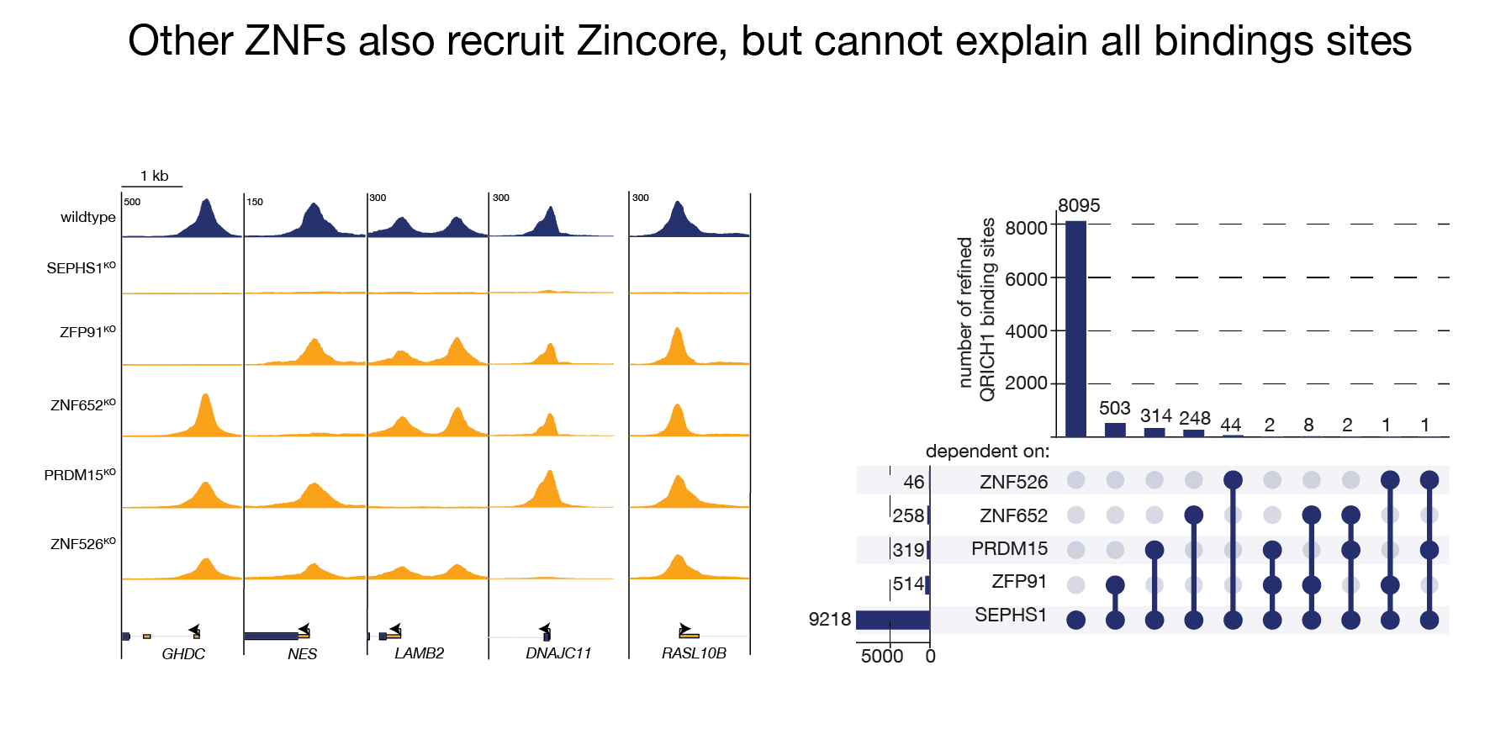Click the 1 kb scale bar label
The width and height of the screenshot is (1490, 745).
(x=154, y=176)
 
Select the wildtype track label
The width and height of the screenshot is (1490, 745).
(x=87, y=217)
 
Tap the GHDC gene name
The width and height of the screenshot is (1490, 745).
(x=183, y=653)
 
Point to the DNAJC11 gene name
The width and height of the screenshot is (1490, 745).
(x=558, y=653)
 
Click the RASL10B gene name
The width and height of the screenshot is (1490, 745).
(x=694, y=653)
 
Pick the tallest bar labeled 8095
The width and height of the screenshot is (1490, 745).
(x=1075, y=328)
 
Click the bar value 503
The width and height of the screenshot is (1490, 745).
(x=1114, y=408)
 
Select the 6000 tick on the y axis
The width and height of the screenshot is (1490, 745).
(x=1026, y=279)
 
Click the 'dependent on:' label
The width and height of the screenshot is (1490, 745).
(x=987, y=452)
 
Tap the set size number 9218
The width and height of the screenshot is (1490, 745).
(x=829, y=620)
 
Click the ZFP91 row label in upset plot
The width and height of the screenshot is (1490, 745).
(x=1019, y=582)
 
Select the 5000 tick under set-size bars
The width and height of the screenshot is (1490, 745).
(x=881, y=656)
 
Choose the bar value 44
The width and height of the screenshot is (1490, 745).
(x=1231, y=425)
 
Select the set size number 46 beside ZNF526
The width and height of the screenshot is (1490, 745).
(x=913, y=483)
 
